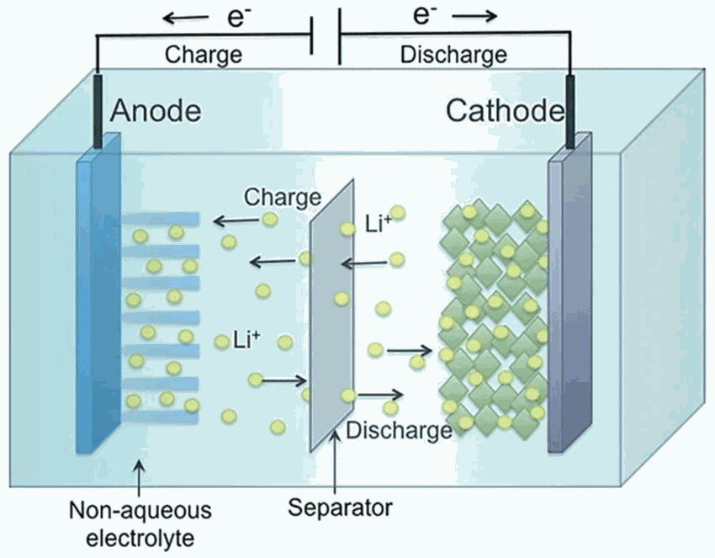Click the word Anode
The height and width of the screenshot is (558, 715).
(156, 110)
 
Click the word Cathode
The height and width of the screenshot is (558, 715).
(505, 110)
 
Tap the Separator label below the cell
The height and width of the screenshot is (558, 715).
(340, 508)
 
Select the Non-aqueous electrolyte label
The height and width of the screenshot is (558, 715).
(140, 524)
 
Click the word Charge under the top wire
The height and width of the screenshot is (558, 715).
(204, 55)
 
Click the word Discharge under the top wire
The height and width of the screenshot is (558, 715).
(453, 55)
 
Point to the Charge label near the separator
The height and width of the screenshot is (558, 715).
(283, 198)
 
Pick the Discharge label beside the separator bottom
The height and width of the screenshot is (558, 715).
(399, 431)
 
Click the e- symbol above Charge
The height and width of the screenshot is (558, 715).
(239, 19)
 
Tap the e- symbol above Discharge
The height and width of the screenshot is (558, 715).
(425, 14)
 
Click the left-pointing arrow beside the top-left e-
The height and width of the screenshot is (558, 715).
(186, 19)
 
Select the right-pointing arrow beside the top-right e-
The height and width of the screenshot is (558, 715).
(474, 17)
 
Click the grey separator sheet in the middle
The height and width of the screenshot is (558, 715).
(331, 315)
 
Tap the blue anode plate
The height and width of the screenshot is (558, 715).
(98, 293)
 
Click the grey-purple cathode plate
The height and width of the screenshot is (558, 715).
(570, 293)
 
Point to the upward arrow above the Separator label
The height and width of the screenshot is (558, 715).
(335, 461)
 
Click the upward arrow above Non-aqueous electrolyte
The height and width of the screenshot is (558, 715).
(140, 478)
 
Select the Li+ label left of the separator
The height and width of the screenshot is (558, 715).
(246, 340)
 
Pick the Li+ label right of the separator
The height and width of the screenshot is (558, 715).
(379, 224)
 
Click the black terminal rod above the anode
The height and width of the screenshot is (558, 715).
(98, 111)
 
